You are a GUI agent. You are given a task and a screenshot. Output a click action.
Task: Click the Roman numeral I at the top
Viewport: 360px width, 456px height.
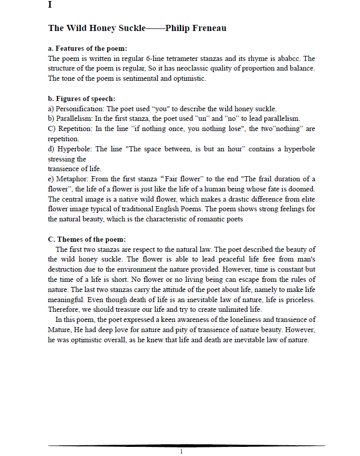(x=50, y=6)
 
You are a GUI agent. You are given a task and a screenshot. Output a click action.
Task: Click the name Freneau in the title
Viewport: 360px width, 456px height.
(x=209, y=28)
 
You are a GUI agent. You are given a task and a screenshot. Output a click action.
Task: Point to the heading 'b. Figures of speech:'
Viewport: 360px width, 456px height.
(x=81, y=99)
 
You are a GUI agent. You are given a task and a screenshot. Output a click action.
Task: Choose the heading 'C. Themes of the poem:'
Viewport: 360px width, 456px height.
(x=87, y=239)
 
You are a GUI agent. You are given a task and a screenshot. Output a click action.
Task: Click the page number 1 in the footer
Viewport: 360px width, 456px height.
(x=181, y=451)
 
